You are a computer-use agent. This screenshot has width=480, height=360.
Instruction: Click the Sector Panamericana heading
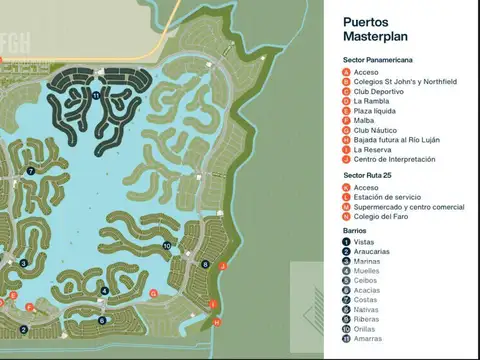[x=379, y=60]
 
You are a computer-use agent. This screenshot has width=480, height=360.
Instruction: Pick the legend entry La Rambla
[x=372, y=101]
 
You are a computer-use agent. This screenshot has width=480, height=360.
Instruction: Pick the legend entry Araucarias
[x=373, y=251]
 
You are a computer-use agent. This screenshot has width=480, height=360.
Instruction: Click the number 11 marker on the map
[x=95, y=95]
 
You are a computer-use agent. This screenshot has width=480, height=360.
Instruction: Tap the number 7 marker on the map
[x=31, y=171]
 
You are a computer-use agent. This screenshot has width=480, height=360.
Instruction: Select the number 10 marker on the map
[x=166, y=245]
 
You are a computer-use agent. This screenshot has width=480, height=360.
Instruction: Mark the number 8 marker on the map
[x=205, y=264]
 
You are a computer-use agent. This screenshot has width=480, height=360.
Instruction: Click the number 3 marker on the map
[x=23, y=263]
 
